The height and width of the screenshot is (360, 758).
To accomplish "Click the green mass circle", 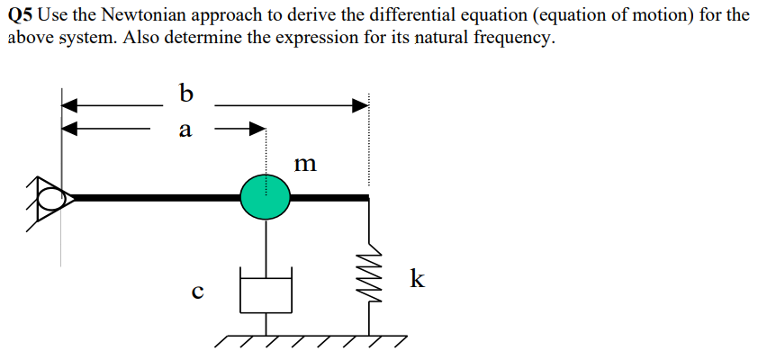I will coord(266,195).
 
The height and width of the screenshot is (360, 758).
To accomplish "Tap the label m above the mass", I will coord(306,164).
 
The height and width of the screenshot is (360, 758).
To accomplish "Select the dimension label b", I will coord(186,93).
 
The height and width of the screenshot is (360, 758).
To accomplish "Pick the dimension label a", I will coord(185,130).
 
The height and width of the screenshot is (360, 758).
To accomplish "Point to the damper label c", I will coord(197,291).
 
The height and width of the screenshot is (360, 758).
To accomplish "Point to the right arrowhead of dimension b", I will coord(361,105).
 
